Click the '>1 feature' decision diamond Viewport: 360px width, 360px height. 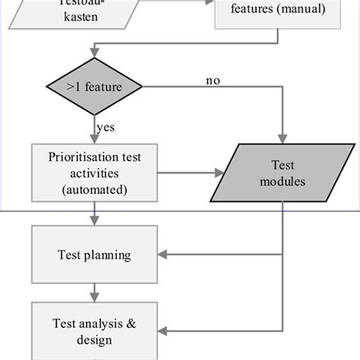pos(94,87)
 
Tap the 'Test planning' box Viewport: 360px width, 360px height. pos(94,255)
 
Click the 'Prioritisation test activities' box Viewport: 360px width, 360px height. pos(94,172)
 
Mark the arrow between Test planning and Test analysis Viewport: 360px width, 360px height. pos(94,290)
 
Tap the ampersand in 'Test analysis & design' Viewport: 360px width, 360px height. pos(131,323)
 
